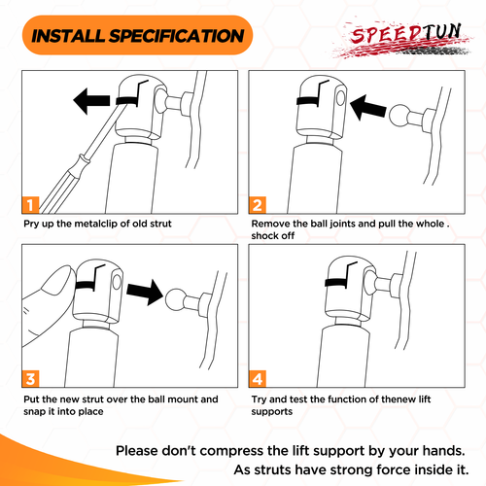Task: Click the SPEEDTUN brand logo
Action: [403, 40]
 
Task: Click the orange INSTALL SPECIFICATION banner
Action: [137, 35]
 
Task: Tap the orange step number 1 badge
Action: [30, 205]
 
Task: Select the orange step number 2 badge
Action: [258, 205]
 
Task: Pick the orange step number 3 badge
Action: [30, 379]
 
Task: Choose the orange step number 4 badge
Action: [258, 379]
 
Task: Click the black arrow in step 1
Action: [91, 101]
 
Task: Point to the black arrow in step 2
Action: [368, 108]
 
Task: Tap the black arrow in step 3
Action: [145, 293]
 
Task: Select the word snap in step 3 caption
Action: [33, 412]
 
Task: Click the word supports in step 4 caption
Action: [272, 412]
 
